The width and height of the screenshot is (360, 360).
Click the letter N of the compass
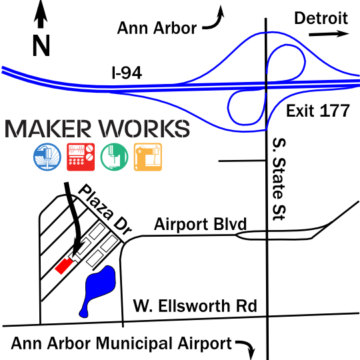(41, 45)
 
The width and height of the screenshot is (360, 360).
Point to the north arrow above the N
(41, 14)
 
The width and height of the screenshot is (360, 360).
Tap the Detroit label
(321, 18)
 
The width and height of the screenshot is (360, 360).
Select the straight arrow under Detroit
(329, 34)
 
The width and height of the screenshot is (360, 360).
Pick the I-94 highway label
(127, 73)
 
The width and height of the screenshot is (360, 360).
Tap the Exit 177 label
(318, 111)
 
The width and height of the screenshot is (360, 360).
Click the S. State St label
(279, 179)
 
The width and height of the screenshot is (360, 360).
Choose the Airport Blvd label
(200, 224)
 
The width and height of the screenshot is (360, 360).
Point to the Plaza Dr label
(105, 209)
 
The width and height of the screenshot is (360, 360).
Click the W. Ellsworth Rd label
(195, 306)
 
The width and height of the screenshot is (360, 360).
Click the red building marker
(63, 265)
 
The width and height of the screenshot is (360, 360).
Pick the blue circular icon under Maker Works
(47, 157)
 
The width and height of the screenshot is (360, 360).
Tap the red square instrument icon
(81, 157)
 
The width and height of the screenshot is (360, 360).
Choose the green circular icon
(114, 157)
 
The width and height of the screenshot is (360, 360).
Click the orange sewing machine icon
(148, 157)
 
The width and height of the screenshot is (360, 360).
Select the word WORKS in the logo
(144, 129)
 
